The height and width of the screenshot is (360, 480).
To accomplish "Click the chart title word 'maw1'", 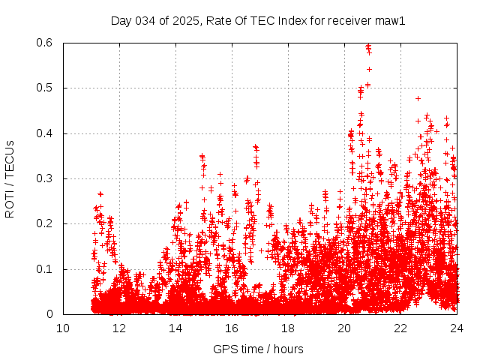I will (390, 21).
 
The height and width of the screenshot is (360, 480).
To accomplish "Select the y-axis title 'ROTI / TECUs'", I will (10, 179).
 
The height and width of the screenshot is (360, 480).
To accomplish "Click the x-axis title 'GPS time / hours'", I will (258, 349).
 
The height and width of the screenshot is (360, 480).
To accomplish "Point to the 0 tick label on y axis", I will (49, 314).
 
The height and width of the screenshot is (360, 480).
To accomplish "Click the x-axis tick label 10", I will (63, 328).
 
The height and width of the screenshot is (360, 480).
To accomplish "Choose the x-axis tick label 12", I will (119, 328).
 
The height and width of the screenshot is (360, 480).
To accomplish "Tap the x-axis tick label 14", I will (175, 328).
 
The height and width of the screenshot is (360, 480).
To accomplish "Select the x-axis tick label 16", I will (232, 328).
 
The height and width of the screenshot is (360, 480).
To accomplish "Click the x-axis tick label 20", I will (344, 328).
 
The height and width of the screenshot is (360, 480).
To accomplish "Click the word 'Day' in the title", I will (121, 21).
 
